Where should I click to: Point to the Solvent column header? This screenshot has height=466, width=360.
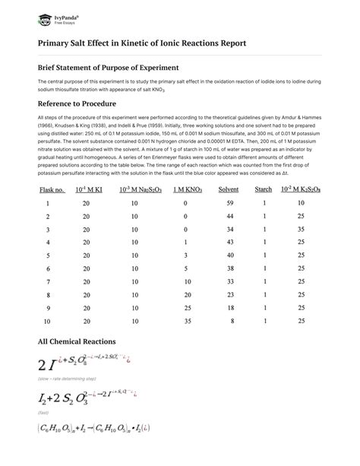click(x=228, y=189)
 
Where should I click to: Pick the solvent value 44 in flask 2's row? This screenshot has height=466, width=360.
click(x=229, y=217)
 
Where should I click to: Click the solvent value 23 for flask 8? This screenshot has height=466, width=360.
click(x=229, y=294)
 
